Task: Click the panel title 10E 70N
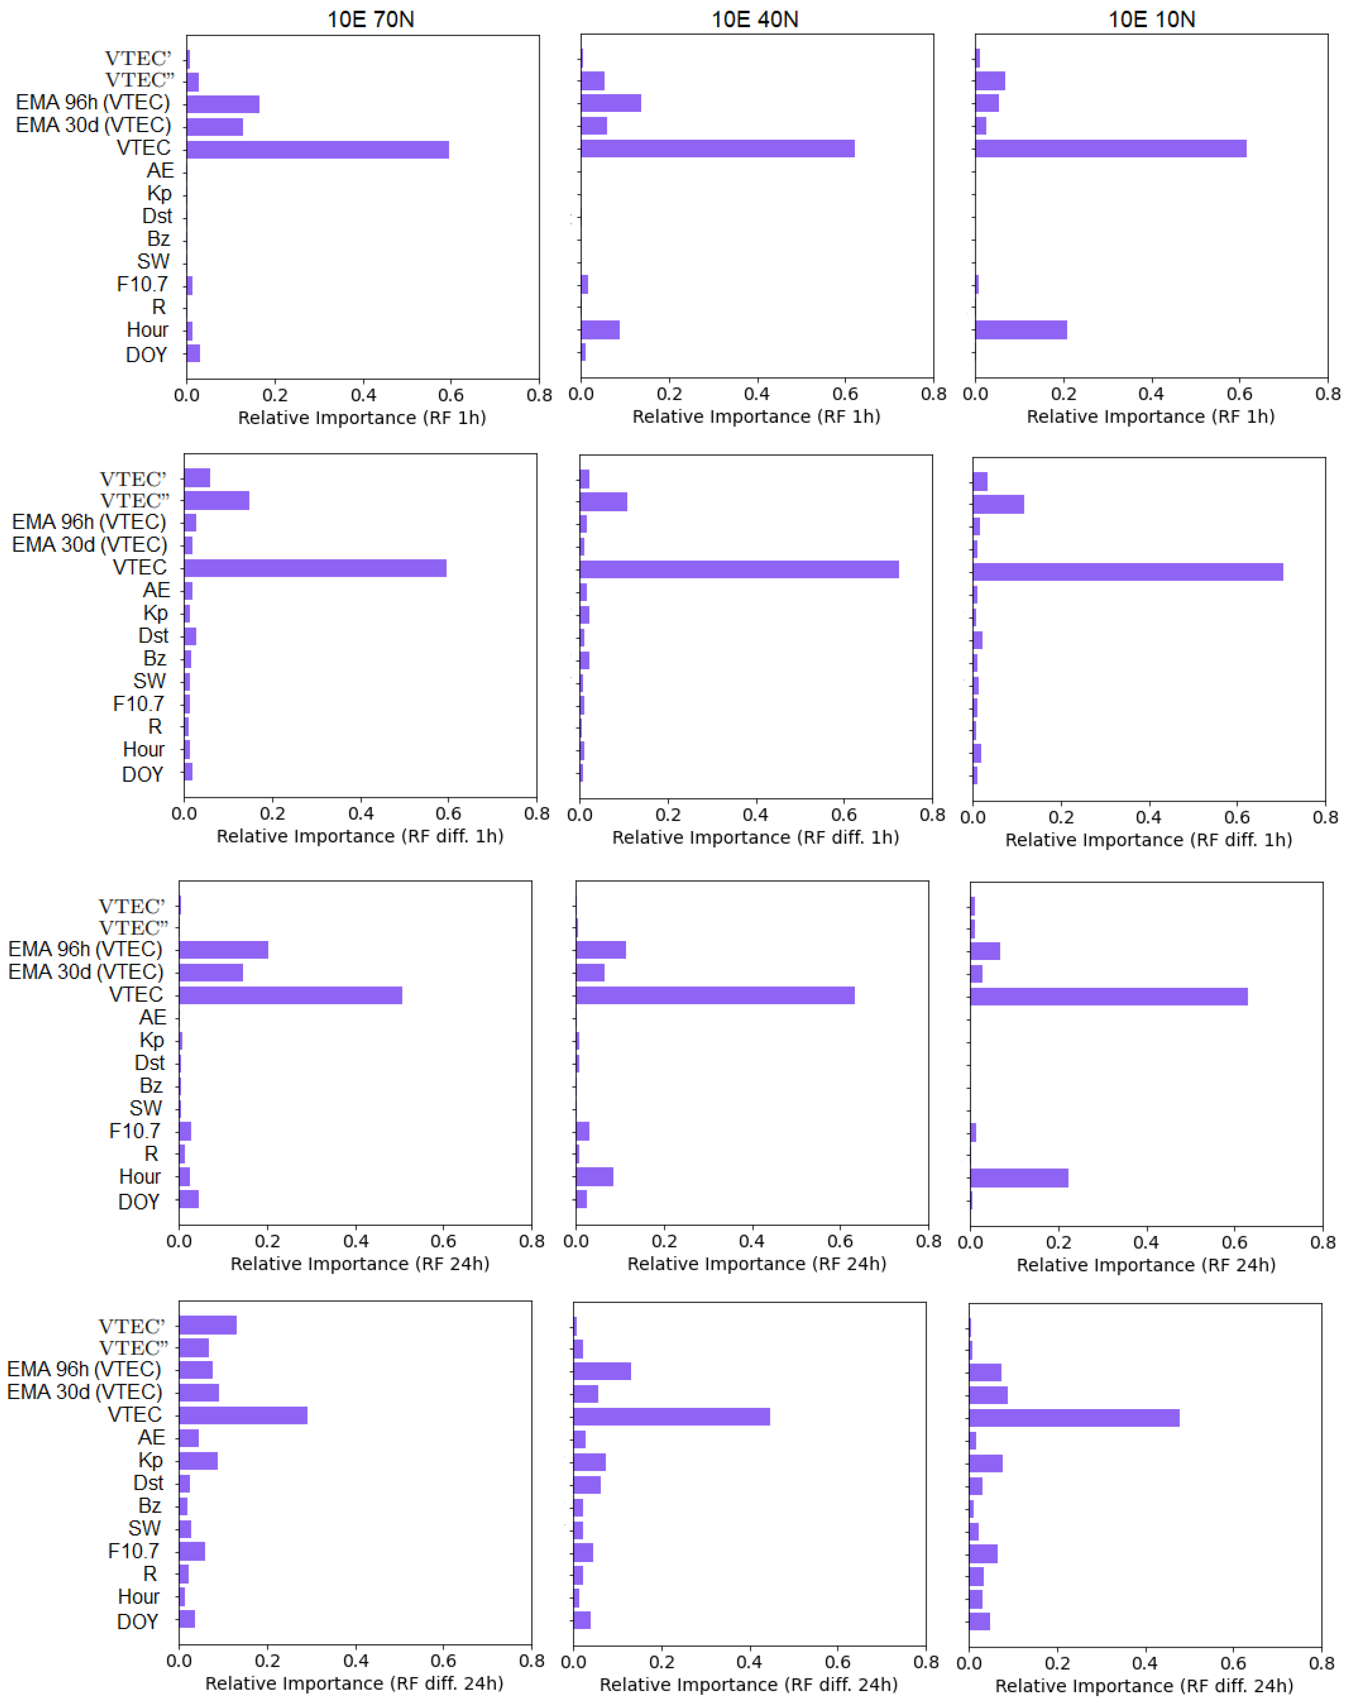pos(370,19)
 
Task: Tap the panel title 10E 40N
pos(754,19)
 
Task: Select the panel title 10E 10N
pos(1151,19)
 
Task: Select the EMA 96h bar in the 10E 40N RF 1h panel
pos(610,103)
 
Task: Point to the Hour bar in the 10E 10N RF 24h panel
pos(1019,1177)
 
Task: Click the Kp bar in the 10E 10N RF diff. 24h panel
pos(985,1463)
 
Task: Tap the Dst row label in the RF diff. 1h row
pos(153,636)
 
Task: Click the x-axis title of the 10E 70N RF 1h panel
pos(362,417)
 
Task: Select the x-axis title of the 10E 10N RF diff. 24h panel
pos(1143,1685)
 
